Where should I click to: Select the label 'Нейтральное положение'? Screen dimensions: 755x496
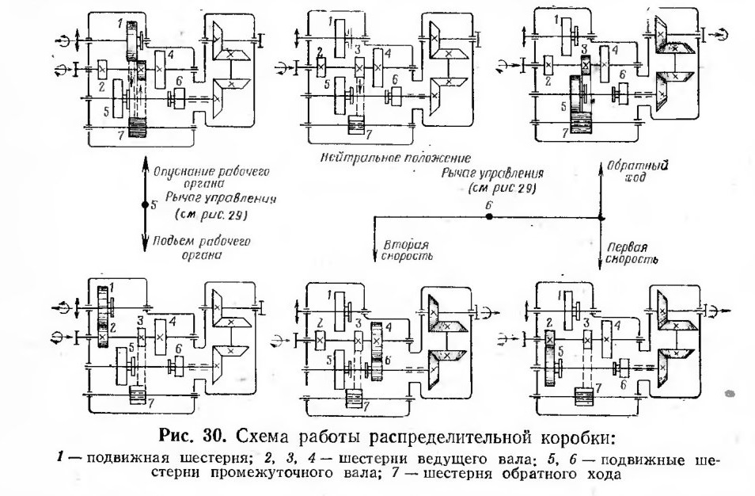[395, 158]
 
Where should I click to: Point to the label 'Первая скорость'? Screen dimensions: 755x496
[632, 253]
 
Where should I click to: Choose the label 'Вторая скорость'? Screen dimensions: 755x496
[407, 250]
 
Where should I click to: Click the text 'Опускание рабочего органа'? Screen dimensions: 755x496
[211, 177]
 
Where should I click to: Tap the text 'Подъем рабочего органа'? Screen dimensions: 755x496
[202, 248]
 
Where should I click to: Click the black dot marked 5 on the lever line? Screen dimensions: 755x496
[145, 204]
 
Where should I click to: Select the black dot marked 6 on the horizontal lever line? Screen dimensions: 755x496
[489, 217]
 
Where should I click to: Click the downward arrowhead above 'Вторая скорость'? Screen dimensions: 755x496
[374, 255]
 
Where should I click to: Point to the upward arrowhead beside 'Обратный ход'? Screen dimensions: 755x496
[601, 170]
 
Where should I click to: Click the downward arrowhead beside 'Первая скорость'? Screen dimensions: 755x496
[601, 263]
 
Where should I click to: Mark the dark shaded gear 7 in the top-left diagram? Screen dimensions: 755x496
[137, 128]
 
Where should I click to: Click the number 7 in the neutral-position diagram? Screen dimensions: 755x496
[369, 135]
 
